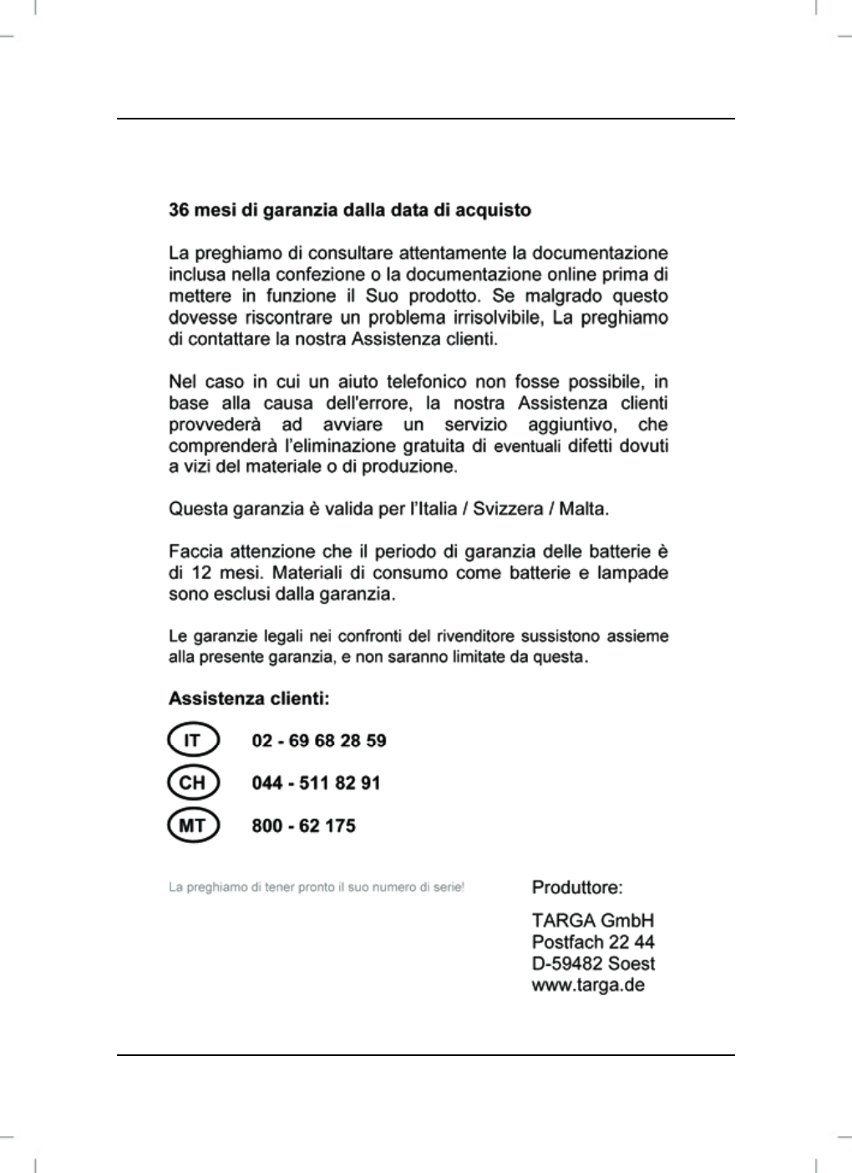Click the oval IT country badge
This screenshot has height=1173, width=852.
tap(192, 740)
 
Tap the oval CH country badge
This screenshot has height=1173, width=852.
tap(192, 783)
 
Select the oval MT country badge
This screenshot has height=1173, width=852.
tap(192, 825)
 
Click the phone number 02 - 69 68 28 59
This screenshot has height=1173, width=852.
tap(318, 741)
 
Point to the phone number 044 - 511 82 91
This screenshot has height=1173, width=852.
tap(316, 784)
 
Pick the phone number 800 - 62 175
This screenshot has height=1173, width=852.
tap(303, 826)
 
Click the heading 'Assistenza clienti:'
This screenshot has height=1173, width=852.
tap(249, 698)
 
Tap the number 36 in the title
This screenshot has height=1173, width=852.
tap(179, 210)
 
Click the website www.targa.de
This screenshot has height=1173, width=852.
tap(588, 984)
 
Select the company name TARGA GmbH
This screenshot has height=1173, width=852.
tap(593, 921)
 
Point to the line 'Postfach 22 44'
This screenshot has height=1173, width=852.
tap(593, 942)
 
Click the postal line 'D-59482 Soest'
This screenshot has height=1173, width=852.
tap(593, 963)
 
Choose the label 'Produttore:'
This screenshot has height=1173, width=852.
tap(577, 887)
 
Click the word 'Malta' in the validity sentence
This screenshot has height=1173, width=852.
tap(582, 509)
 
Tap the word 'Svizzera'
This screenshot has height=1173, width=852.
tap(508, 509)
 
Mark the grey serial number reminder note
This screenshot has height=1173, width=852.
tap(317, 886)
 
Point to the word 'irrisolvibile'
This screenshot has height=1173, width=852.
tap(489, 318)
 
